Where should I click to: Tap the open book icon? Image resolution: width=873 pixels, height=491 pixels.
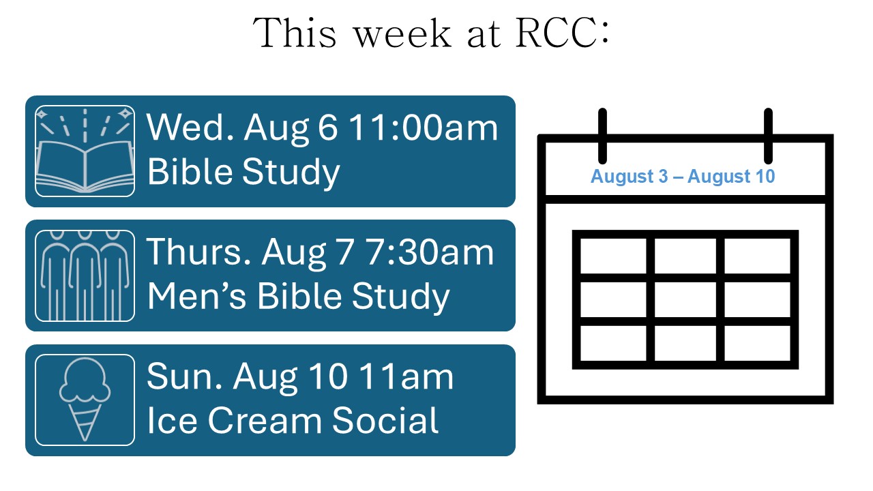pos(85,151)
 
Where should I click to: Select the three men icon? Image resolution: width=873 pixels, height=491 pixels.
pos(85,276)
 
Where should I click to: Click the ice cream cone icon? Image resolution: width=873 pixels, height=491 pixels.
pos(85,400)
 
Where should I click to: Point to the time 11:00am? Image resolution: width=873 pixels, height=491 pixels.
pos(424,128)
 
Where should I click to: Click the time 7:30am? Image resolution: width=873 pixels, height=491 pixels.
pos(430,252)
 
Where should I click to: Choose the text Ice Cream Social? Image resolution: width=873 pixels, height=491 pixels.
pos(293,420)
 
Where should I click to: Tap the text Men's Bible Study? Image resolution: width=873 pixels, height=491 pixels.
pos(299,296)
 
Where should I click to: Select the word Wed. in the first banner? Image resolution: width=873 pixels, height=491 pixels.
pos(190,128)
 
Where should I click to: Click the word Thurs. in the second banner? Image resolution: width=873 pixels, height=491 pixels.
pos(199,252)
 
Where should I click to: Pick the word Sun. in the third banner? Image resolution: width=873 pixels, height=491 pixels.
pos(184,377)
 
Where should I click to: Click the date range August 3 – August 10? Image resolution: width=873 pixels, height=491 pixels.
pos(683,177)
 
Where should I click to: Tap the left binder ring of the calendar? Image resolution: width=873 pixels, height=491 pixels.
pos(602,136)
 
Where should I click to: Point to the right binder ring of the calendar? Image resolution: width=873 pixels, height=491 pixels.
pos(768,136)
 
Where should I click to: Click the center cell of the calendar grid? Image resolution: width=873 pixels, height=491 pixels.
pos(685,299)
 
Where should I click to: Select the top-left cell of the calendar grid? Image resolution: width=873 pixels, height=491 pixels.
pos(613,256)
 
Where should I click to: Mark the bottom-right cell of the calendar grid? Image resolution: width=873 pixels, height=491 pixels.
pos(757,343)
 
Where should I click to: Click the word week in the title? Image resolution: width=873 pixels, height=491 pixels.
pos(402,34)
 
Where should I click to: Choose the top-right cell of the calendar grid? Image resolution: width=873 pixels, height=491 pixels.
pos(757,256)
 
